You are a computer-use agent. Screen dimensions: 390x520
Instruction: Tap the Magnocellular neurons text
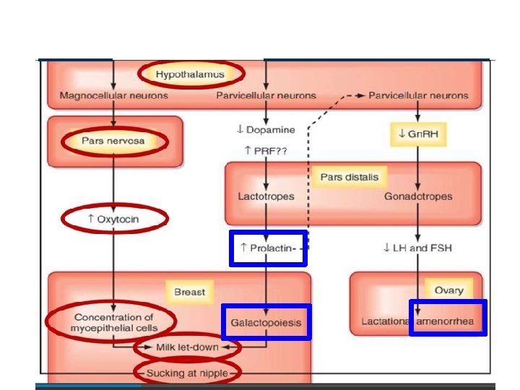coord(113,95)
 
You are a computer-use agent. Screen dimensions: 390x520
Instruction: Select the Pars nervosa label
coord(113,142)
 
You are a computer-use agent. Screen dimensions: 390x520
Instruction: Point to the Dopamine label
coord(266,130)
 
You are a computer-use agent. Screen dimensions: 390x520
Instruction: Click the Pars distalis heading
coord(349,177)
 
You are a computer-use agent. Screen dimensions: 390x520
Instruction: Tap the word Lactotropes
coord(265,196)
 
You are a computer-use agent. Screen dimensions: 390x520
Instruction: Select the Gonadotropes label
coord(419,196)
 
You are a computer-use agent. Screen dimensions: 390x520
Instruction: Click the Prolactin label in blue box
coord(268,248)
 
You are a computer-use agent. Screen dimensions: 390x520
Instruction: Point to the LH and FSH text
coord(417,248)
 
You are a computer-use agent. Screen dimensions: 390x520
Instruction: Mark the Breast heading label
coord(189,292)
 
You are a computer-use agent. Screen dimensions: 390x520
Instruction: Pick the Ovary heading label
coord(448,290)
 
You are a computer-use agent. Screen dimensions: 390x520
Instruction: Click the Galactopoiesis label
coord(266,321)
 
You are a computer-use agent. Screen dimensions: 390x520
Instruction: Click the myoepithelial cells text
coord(113,329)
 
